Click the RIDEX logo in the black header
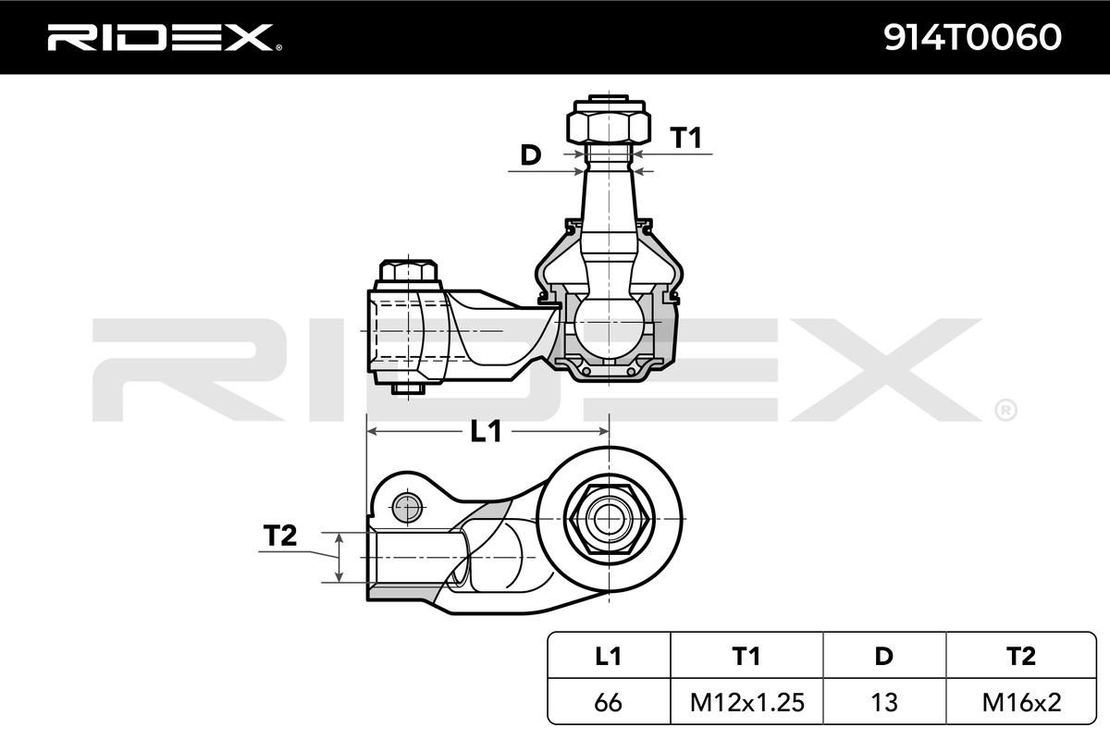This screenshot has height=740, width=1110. click(165, 37)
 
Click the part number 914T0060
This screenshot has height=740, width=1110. click(972, 37)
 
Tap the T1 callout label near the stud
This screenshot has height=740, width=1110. click(685, 137)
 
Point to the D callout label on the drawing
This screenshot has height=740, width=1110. click(531, 155)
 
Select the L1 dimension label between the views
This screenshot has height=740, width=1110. click(486, 431)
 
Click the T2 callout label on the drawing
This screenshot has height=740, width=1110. click(280, 536)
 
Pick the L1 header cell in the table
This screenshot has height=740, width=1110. click(608, 656)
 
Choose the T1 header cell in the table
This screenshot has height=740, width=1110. click(746, 656)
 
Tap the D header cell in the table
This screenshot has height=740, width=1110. click(884, 656)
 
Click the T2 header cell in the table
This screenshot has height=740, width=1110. click(1021, 656)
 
